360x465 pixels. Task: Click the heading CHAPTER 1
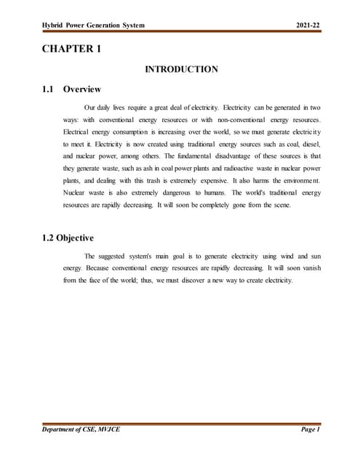coord(71,49)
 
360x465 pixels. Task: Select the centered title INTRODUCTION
coord(181,70)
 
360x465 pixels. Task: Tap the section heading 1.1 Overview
coord(72,90)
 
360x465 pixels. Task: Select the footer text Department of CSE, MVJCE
coord(81,430)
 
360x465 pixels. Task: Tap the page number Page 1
coord(311,430)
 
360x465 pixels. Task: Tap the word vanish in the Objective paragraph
coord(309,268)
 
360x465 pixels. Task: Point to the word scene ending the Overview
coord(279,204)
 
